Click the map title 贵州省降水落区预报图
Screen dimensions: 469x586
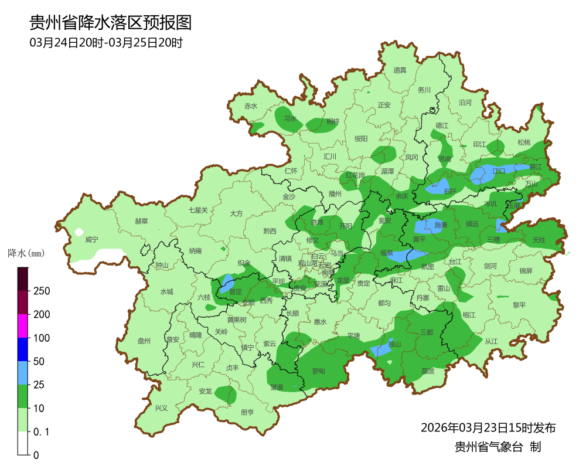pos(111,23)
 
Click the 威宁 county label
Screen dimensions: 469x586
pos(91,240)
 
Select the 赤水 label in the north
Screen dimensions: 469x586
pos(251,106)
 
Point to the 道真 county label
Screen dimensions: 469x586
pos(400,70)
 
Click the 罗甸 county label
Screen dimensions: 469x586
pos(318,371)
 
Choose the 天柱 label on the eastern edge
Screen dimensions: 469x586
pos(539,240)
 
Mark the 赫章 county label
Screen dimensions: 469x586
pos(141,221)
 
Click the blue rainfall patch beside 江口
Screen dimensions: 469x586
pos(482,174)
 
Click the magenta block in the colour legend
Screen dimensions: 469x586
pos(23,326)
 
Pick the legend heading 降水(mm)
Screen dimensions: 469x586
pos(26,254)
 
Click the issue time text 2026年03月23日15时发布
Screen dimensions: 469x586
pos(488,428)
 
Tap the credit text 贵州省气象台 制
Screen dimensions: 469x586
pos(498,447)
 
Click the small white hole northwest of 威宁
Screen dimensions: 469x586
pos(79,232)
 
